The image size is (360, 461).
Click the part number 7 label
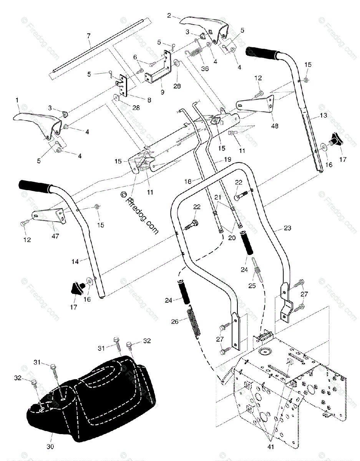(89, 36)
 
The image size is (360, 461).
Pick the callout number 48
(275, 126)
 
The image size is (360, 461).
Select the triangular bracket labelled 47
(50, 215)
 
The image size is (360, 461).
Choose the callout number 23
(287, 228)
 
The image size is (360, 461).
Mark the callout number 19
(227, 159)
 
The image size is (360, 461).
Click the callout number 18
(188, 181)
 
